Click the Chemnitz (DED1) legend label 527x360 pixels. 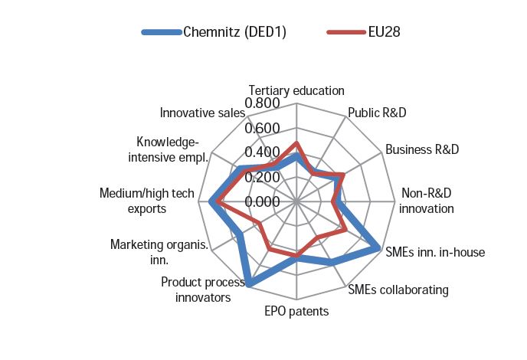234,32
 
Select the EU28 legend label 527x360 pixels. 385,32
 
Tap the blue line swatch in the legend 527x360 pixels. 162,32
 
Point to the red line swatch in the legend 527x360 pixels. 346,32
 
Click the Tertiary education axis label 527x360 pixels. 296,90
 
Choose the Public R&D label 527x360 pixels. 377,113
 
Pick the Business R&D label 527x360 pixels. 422,149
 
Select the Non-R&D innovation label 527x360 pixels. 426,201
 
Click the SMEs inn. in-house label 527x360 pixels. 435,252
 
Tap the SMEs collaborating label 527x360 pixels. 398,290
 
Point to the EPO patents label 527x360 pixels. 296,311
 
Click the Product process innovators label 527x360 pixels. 203,290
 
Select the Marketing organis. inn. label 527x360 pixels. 159,252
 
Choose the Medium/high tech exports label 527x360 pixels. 147,201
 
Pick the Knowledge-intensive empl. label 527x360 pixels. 168,149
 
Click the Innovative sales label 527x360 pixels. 202,113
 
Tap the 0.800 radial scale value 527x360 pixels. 262,103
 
